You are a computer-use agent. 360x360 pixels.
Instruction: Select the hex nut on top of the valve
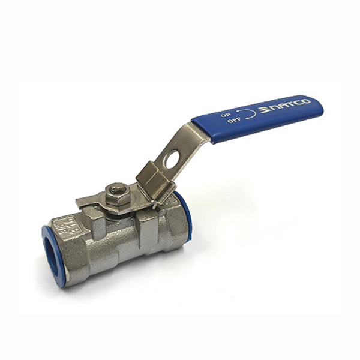coord(116,193)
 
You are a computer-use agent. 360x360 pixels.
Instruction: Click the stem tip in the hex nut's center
coord(116,190)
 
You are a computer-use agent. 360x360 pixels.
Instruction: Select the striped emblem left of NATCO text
coord(264,111)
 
